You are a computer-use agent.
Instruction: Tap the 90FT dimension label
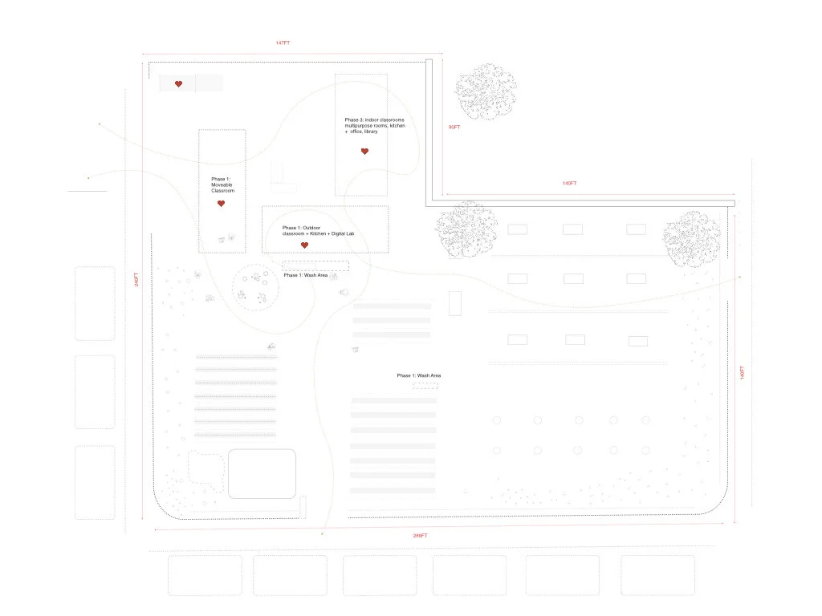tap(454, 128)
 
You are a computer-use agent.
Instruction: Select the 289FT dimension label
tap(421, 536)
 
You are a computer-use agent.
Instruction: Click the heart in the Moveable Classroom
tap(221, 204)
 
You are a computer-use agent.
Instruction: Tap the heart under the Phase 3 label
tap(364, 151)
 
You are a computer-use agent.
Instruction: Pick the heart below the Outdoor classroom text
tap(304, 245)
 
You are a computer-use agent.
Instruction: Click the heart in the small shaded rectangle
tap(179, 83)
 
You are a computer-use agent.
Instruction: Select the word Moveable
tap(222, 185)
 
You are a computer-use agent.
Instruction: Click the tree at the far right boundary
tap(690, 238)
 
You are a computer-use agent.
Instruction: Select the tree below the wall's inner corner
tap(465, 229)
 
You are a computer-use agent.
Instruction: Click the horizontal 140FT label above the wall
tap(569, 184)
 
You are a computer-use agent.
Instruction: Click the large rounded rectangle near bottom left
tap(262, 473)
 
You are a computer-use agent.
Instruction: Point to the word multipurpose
tap(363, 126)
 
